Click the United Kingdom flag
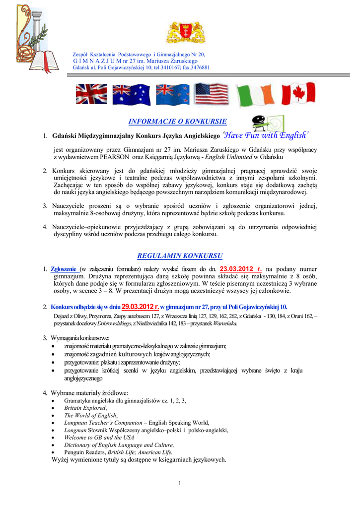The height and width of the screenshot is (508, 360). (x=88, y=94)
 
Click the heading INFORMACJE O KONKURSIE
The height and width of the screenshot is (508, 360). (x=178, y=121)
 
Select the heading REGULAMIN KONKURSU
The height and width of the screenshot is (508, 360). (x=180, y=256)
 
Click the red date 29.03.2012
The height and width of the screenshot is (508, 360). (x=141, y=306)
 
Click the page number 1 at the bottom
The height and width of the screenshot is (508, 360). (x=180, y=484)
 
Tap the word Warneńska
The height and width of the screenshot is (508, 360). (x=226, y=323)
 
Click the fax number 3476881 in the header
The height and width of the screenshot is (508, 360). (x=197, y=67)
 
